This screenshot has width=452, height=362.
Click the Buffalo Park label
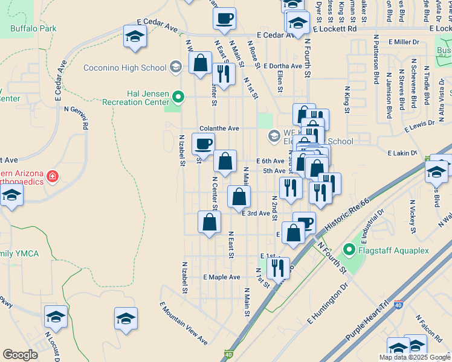[33, 28]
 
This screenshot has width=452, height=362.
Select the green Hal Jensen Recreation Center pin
[178, 96]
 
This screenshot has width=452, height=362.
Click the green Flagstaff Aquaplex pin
[348, 249]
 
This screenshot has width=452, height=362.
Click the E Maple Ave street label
[222, 277]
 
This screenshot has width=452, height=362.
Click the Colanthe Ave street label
[220, 129]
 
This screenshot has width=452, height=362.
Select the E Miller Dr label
[404, 42]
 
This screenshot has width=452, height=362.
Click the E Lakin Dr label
[402, 153]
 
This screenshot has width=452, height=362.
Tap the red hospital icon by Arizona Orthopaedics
[53, 176]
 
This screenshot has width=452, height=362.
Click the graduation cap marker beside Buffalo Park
[135, 36]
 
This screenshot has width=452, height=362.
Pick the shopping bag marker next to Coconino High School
[199, 62]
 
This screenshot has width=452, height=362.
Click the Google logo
[21, 355]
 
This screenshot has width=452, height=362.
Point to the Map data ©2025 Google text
[414, 357]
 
